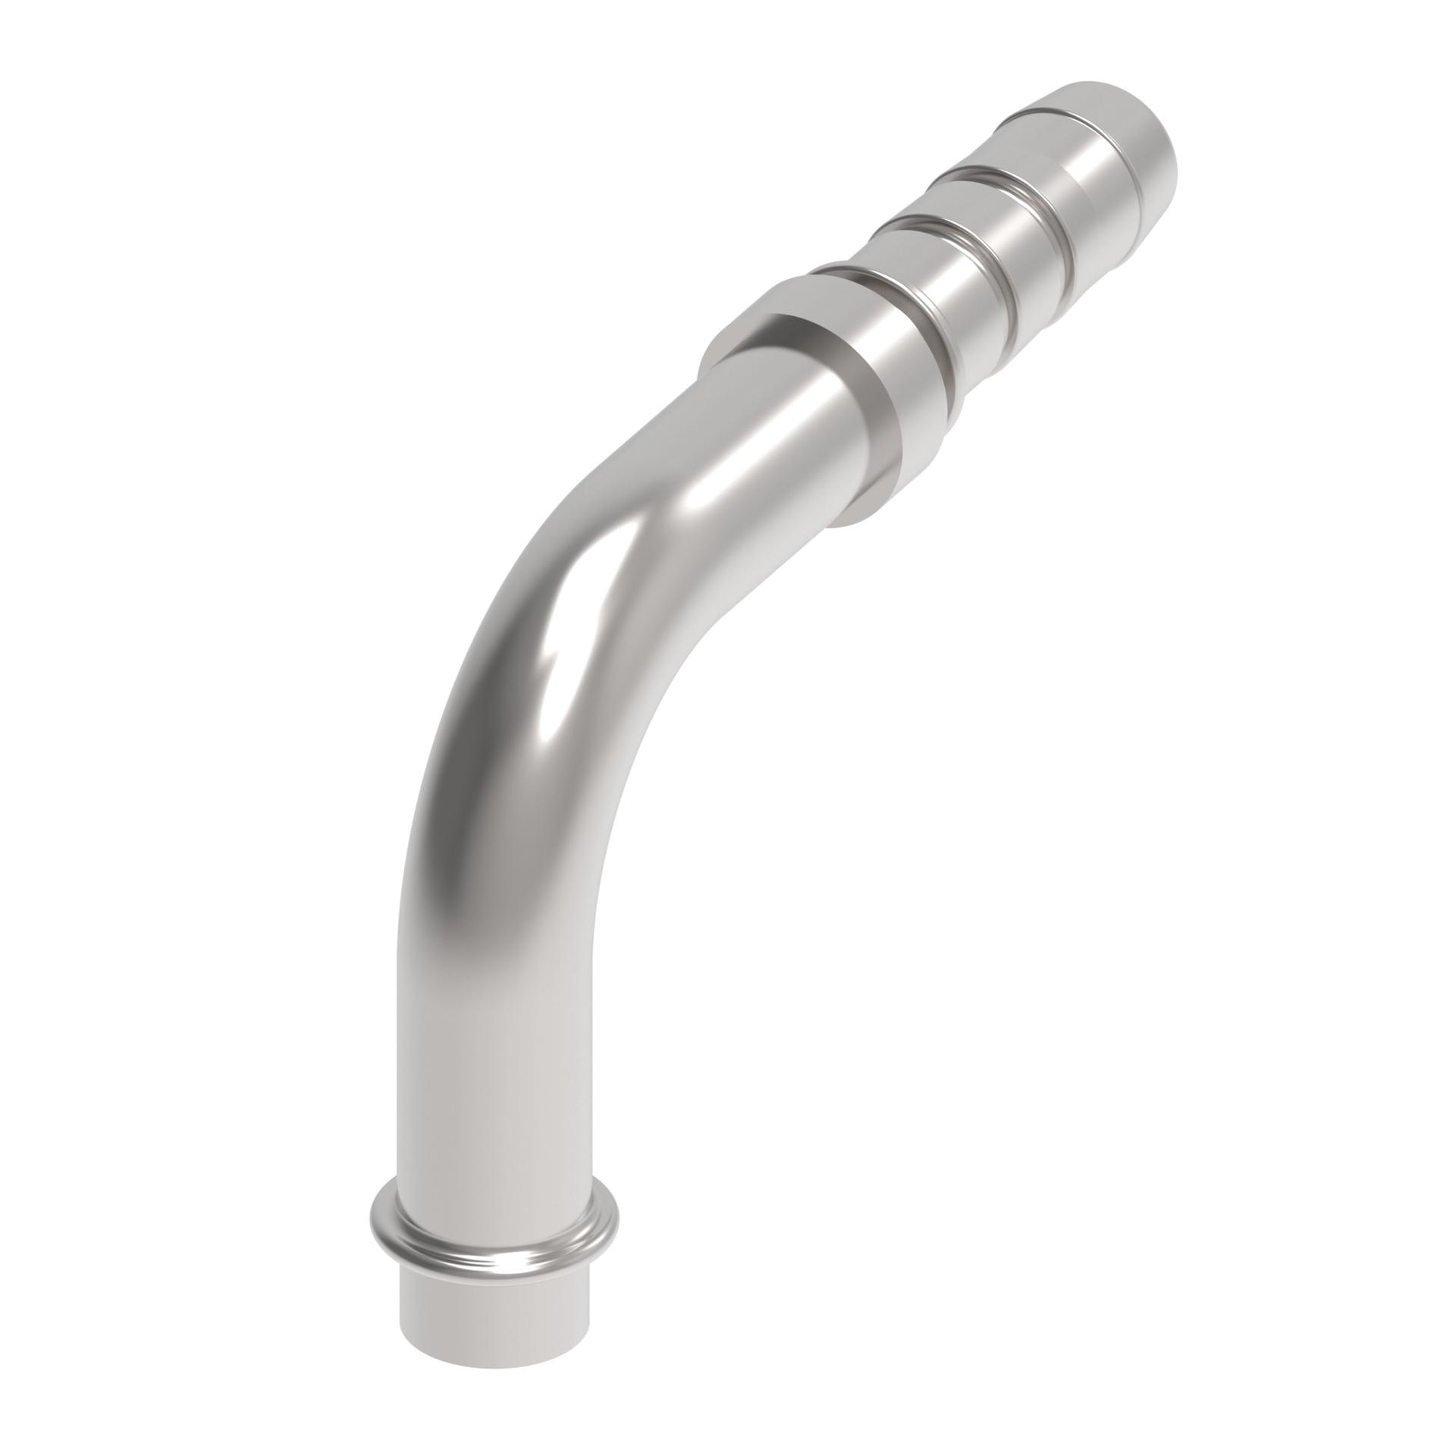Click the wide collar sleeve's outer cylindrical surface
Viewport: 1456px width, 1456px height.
coord(895,425)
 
